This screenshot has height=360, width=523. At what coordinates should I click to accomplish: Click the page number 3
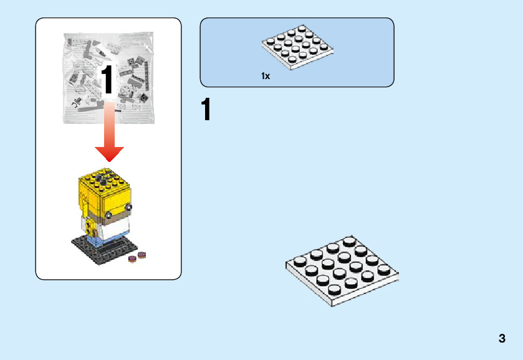coord(502,339)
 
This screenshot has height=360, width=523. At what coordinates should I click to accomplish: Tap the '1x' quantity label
coord(266,76)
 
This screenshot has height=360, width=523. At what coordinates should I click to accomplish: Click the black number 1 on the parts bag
coord(107,81)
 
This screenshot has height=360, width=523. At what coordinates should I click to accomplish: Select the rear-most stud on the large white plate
coord(349,240)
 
